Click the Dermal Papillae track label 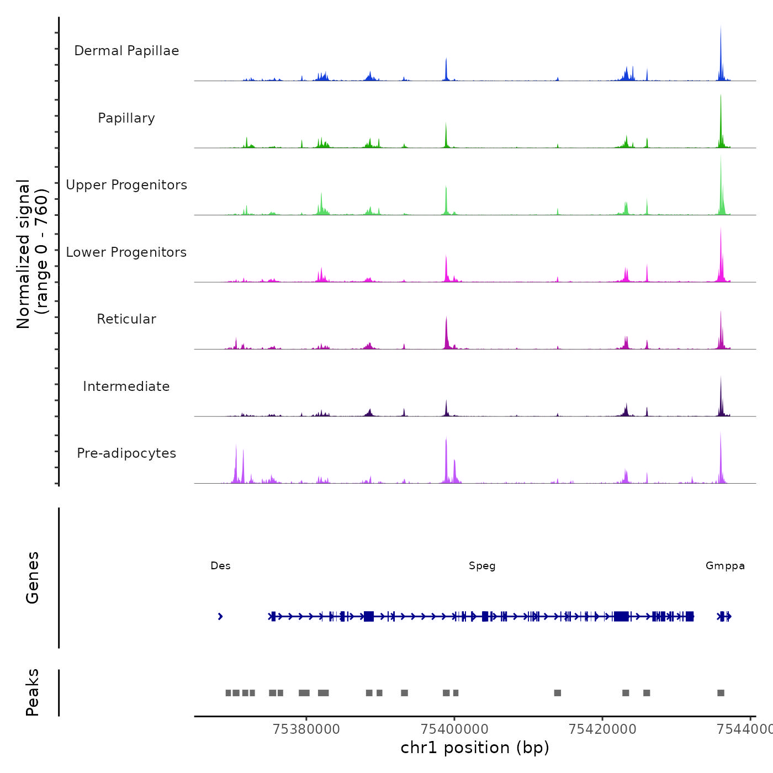tap(126, 51)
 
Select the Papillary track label tap(126, 118)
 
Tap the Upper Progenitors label tap(126, 185)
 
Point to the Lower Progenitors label tap(126, 252)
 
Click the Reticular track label tap(126, 319)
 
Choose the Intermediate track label tap(126, 386)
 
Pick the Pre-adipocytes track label tap(126, 453)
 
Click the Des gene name tap(220, 566)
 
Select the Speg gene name tap(482, 566)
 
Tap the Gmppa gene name tap(725, 566)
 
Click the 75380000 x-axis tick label tap(306, 729)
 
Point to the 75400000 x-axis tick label tap(454, 729)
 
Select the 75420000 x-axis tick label tap(602, 729)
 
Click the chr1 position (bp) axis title tap(475, 748)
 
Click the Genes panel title tap(33, 578)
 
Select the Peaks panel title tap(33, 692)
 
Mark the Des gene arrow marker tap(220, 617)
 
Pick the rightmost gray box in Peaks tap(721, 693)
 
